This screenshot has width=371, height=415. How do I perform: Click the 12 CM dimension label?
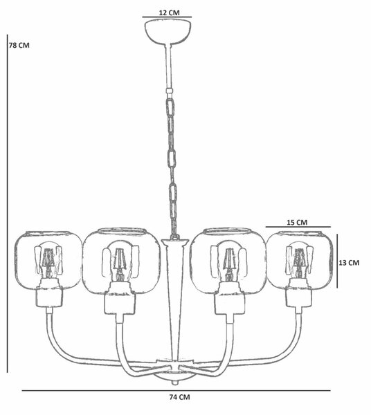click(x=169, y=12)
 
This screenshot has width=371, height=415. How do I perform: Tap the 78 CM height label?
click(x=19, y=45)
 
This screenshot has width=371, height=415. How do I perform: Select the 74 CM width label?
click(x=179, y=397)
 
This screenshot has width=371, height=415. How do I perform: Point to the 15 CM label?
click(x=297, y=222)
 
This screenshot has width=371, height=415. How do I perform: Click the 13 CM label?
click(x=349, y=263)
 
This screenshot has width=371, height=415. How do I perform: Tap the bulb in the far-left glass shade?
click(x=48, y=260)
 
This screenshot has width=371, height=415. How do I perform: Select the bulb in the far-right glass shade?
click(x=299, y=259)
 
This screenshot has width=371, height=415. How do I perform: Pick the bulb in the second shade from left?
click(x=120, y=261)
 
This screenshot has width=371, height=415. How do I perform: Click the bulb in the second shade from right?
click(x=228, y=261)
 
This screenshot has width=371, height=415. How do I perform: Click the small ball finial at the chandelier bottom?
click(x=174, y=383)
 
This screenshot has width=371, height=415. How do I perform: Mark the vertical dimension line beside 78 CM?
click(x=8, y=203)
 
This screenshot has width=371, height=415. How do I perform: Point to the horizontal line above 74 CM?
click(x=176, y=390)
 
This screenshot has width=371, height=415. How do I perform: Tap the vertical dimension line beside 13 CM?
click(x=337, y=261)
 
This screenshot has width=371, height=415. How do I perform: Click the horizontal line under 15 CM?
click(x=298, y=227)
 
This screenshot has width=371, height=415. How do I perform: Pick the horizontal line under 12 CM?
click(x=167, y=17)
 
